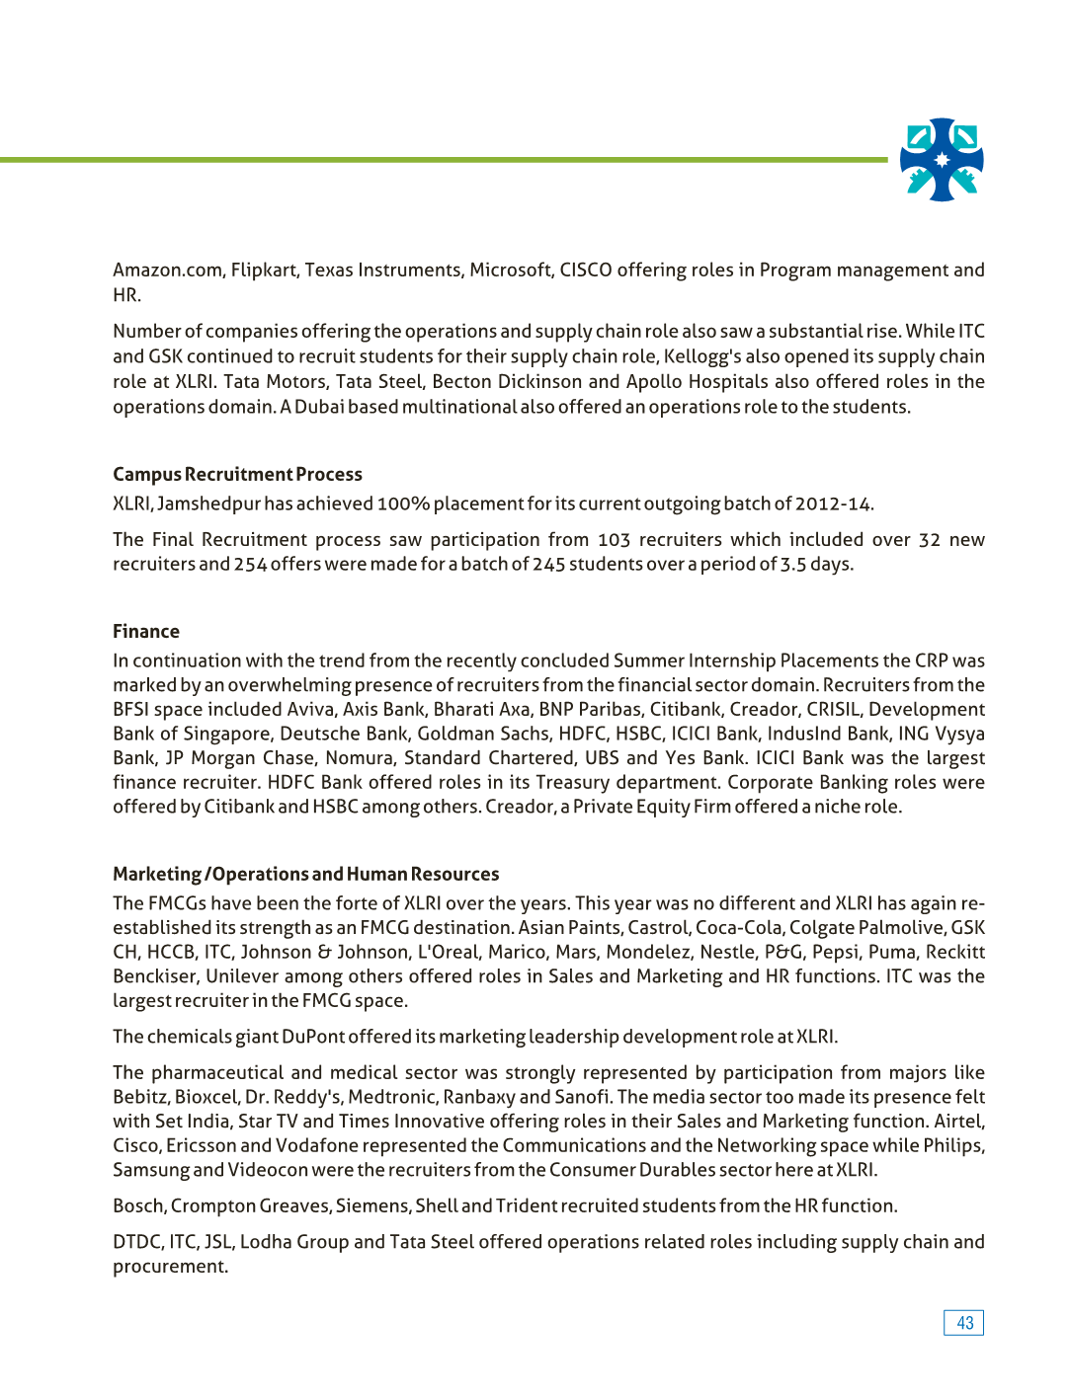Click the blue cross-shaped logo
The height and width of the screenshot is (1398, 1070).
[x=942, y=160]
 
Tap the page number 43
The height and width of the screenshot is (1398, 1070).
[x=964, y=1323]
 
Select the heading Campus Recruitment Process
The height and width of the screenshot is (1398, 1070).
[x=237, y=475]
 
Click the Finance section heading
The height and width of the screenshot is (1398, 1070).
[x=146, y=632]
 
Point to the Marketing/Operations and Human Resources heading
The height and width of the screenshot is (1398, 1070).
[x=305, y=875]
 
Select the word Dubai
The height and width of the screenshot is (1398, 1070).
[x=319, y=407]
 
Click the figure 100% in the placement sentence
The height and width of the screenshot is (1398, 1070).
[x=402, y=505]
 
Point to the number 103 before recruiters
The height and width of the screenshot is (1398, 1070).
[x=614, y=540]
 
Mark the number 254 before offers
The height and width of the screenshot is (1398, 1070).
[x=250, y=565]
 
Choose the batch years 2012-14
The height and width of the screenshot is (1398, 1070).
[x=833, y=505]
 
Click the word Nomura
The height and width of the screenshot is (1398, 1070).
[x=358, y=758]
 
